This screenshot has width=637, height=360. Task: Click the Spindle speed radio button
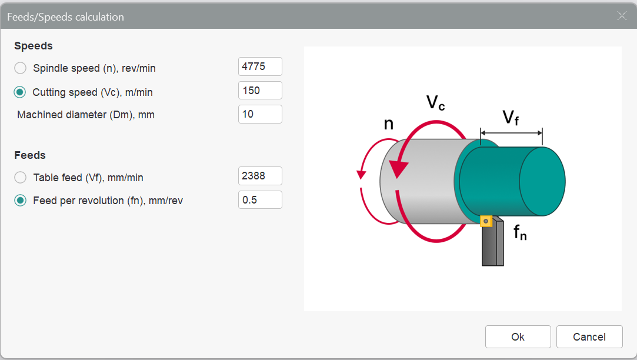point(21,68)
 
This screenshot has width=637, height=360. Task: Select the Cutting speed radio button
point(20,92)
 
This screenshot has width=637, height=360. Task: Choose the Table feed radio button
point(21,177)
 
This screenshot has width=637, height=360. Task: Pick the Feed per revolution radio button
point(21,201)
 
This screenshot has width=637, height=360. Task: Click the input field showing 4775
point(260,66)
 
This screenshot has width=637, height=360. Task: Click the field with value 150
point(260,90)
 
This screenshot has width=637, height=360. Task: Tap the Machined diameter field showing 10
point(260,114)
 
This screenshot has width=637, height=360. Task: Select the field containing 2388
point(260,176)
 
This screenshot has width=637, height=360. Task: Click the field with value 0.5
point(260,200)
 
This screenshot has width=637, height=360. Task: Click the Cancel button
point(589,337)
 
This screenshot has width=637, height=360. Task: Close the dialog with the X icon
point(622,16)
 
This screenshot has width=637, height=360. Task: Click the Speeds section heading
point(34,46)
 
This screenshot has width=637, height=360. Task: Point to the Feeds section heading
point(29,155)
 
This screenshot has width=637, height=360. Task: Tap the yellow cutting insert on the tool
point(486,221)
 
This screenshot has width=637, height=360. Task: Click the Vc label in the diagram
point(435,102)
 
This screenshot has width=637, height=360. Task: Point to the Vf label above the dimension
point(511,118)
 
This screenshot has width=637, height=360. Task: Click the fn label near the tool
point(520,232)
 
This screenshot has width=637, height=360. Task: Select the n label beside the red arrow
point(389,124)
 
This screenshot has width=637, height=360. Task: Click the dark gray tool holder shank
point(493,243)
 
